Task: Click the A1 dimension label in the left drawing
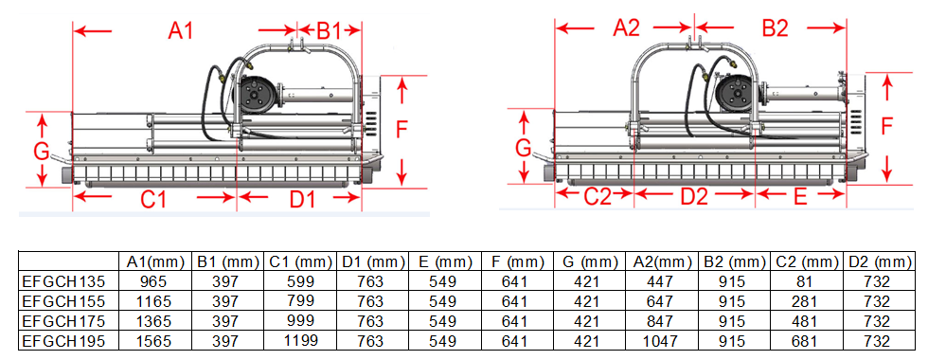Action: point(181,30)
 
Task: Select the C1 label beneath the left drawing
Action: point(152,200)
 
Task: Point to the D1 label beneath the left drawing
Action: point(302,200)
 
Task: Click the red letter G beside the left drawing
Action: point(41,153)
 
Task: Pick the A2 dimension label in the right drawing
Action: point(626,27)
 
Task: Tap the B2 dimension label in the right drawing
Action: point(775,27)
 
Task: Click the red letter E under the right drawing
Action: point(800,196)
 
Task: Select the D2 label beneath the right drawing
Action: point(694,196)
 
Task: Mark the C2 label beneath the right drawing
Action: point(598,196)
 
